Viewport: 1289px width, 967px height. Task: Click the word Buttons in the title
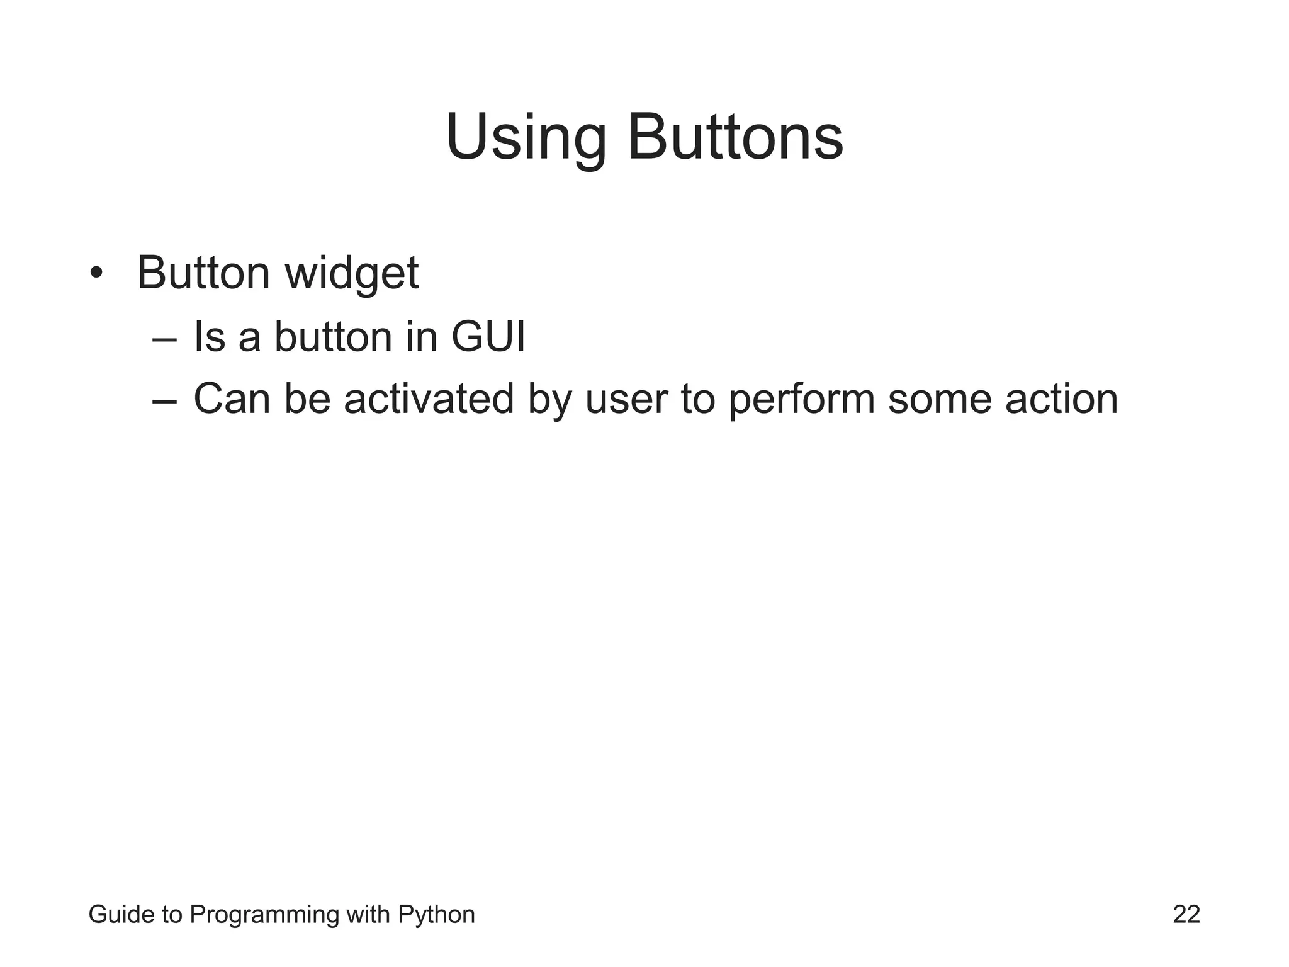tap(735, 137)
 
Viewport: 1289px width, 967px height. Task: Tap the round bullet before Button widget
tap(96, 273)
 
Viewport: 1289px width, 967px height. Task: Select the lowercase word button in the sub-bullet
tap(333, 336)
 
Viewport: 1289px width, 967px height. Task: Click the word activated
tap(429, 399)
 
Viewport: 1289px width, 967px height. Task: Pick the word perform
tap(801, 400)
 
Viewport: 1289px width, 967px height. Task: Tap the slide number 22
tap(1186, 914)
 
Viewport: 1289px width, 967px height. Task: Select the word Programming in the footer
tap(264, 915)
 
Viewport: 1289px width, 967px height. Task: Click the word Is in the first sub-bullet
tap(209, 336)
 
